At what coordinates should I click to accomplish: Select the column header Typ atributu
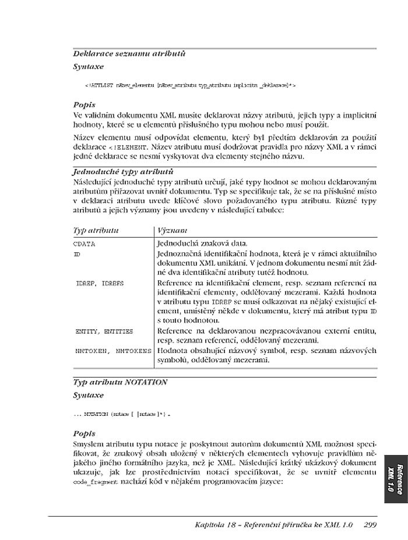pos(96,231)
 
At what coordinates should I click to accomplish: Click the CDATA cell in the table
pos(85,244)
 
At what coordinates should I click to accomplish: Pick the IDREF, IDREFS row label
pos(100,283)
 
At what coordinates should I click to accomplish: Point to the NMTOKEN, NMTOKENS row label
pos(113,351)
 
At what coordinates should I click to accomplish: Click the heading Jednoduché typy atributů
pos(123,172)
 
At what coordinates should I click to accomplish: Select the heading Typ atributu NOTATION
pos(120,382)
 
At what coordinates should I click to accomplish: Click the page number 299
pos(370,525)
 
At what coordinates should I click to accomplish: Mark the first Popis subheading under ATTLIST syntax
pos(85,105)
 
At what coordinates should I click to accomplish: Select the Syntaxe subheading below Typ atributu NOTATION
pos(88,395)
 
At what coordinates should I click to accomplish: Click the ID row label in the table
pos(78,255)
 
